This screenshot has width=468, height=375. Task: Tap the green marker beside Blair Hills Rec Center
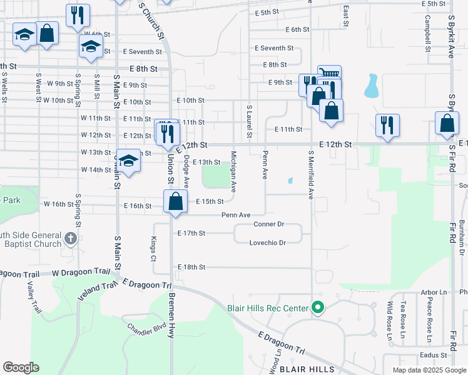pos(318,307)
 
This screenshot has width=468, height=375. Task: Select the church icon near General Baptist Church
pos(71,238)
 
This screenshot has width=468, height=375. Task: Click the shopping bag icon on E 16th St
pos(176,202)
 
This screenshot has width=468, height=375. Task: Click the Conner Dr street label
pos(269,224)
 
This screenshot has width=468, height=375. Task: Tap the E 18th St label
pos(191,267)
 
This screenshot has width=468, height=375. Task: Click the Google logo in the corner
pos(21,367)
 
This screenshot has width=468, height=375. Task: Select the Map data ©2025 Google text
pos(429,370)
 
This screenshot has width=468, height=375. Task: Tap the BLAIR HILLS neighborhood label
pos(307,369)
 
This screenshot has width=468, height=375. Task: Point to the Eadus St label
pos(432,355)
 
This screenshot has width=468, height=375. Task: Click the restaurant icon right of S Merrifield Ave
pos(387,125)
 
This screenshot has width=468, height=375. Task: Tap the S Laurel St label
pos(249,121)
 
